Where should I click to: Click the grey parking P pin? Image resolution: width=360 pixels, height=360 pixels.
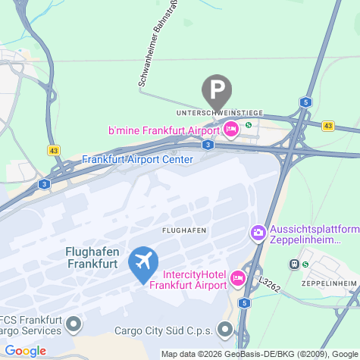218,89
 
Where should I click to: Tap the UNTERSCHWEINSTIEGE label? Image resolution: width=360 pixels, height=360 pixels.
219,112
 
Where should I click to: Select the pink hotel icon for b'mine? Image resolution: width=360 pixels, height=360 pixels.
233,130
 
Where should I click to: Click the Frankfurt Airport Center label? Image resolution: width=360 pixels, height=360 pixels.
137,159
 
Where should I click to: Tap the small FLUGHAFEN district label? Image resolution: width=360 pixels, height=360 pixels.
184,229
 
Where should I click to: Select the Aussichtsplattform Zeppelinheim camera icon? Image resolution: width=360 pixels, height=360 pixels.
258,232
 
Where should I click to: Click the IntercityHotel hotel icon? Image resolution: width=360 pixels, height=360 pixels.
237,280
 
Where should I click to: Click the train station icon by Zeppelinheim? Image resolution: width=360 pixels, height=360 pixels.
293,265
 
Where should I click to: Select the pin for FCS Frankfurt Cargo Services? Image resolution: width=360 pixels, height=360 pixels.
74,325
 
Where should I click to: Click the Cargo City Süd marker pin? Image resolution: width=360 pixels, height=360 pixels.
225,330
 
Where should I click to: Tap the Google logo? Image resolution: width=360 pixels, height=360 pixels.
25,350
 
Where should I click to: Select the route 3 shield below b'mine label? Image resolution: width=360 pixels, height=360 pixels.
208,144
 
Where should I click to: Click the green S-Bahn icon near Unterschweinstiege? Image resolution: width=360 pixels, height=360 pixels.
249,125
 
